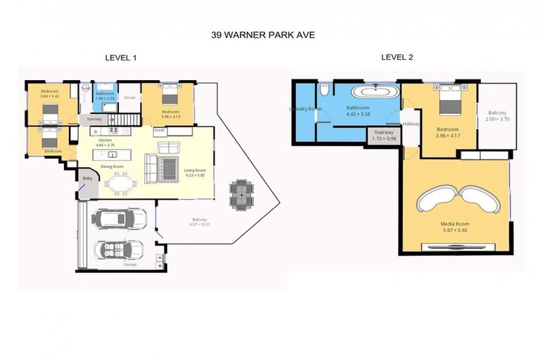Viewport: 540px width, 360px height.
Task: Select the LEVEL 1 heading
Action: (x=120, y=58)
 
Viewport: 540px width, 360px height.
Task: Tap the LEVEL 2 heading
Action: (x=397, y=57)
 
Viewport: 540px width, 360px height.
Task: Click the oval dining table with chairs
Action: (x=120, y=184)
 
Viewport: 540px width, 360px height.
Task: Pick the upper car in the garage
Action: (x=120, y=219)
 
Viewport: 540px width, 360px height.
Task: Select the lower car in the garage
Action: (x=120, y=250)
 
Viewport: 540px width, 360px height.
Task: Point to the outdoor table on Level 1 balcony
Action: (x=240, y=193)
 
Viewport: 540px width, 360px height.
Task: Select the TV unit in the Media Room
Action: (x=458, y=247)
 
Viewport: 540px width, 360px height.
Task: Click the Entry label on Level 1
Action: (x=88, y=179)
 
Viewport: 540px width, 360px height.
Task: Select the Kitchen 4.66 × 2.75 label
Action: (x=105, y=143)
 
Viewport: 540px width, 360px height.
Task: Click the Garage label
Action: (x=130, y=264)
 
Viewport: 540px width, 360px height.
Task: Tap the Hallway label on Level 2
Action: (x=411, y=124)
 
